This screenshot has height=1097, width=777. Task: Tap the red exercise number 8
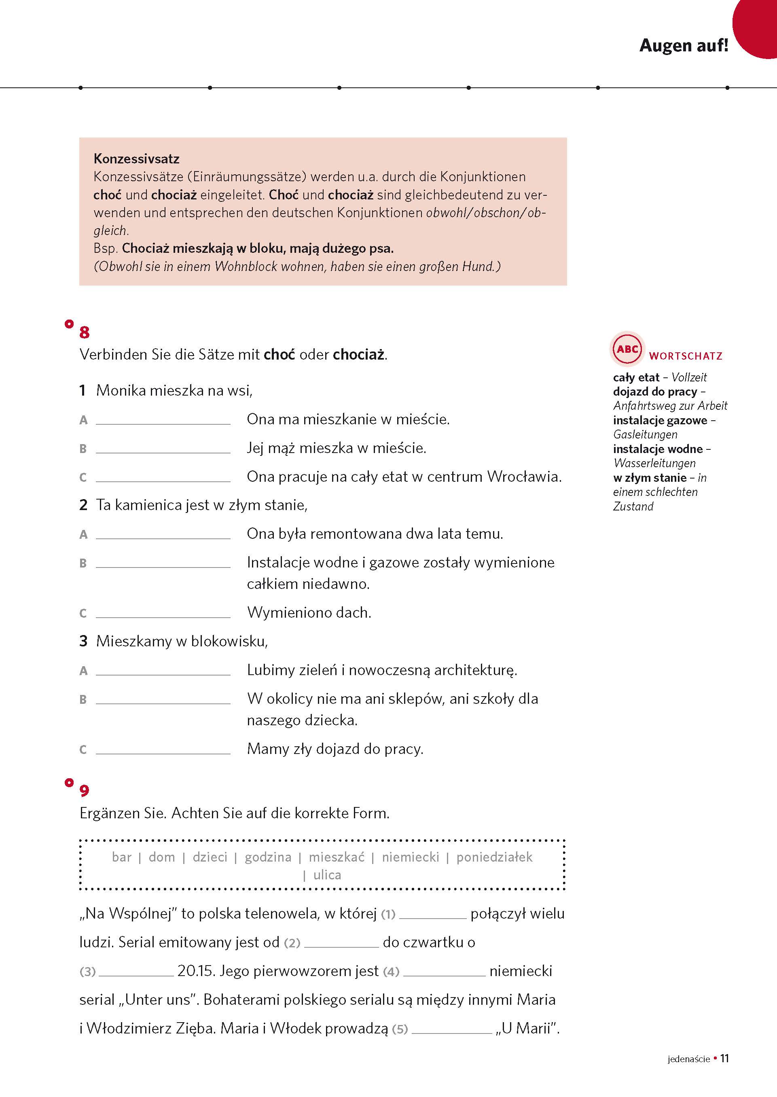pyautogui.click(x=84, y=332)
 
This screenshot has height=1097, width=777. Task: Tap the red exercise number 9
pyautogui.click(x=84, y=790)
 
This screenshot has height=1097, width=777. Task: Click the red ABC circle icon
pyautogui.click(x=627, y=349)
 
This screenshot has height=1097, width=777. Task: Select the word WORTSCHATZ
pyautogui.click(x=685, y=356)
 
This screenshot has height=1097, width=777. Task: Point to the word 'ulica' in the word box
pyautogui.click(x=327, y=875)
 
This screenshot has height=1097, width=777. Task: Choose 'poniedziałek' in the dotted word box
pyautogui.click(x=494, y=857)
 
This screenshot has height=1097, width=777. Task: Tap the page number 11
pyautogui.click(x=724, y=1058)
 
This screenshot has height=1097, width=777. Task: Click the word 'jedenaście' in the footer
pyautogui.click(x=688, y=1059)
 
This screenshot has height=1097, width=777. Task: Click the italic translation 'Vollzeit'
pyautogui.click(x=688, y=377)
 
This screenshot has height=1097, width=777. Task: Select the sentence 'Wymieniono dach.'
pyautogui.click(x=309, y=612)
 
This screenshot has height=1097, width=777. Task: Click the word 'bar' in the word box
pyautogui.click(x=121, y=857)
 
